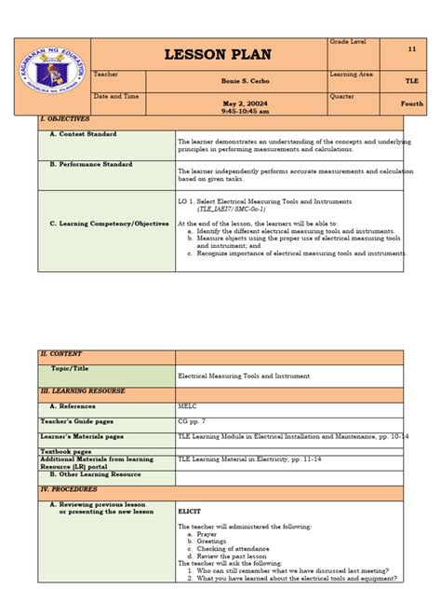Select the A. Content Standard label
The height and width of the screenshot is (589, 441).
click(84, 134)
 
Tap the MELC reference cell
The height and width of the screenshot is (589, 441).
click(188, 406)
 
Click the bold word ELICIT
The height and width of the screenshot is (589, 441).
click(190, 512)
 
